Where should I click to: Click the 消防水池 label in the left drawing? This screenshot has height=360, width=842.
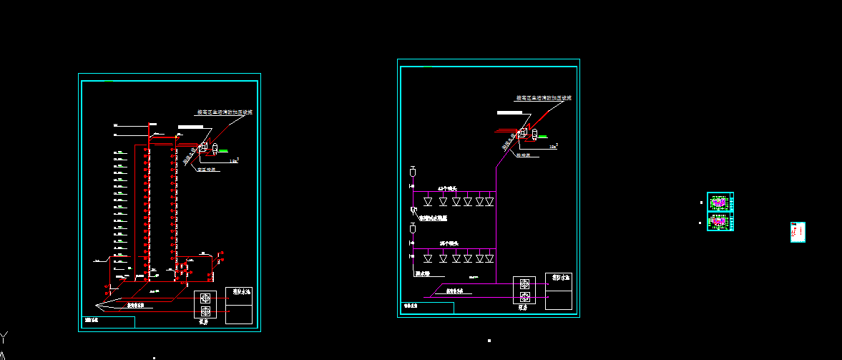[239, 292]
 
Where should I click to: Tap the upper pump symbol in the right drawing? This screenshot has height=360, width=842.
[525, 283]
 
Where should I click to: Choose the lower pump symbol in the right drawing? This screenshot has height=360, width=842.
[525, 297]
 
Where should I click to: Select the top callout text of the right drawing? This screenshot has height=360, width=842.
[544, 97]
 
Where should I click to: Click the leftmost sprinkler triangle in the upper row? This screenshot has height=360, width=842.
[428, 202]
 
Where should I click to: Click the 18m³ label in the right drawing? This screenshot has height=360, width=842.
[553, 146]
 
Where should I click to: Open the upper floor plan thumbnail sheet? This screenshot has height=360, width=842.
[720, 203]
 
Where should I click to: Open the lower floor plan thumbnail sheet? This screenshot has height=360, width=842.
[720, 222]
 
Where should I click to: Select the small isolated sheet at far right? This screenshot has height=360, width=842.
[798, 232]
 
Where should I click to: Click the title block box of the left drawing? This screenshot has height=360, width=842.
[108, 322]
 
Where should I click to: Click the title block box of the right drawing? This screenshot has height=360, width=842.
[427, 308]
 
